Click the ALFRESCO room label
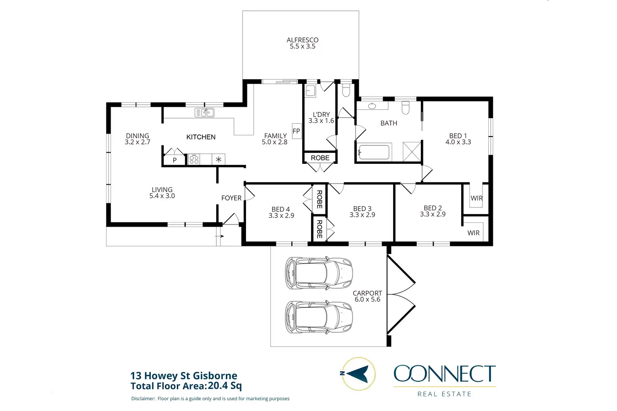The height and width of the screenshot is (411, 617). pyautogui.click(x=303, y=40)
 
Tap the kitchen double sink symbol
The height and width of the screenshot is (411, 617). pyautogui.click(x=205, y=113)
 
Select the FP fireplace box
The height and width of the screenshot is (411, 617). pyautogui.click(x=297, y=131)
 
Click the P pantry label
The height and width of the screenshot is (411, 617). pyautogui.click(x=175, y=160)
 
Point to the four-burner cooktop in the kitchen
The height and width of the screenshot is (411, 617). pyautogui.click(x=194, y=159)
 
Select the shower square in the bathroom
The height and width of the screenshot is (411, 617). pyautogui.click(x=412, y=152)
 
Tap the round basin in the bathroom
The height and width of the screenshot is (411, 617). pyautogui.click(x=372, y=106)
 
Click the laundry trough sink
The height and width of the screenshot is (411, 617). pyautogui.click(x=311, y=91)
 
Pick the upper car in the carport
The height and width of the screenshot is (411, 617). pyautogui.click(x=319, y=273)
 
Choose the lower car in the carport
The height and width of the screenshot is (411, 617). pyautogui.click(x=319, y=317)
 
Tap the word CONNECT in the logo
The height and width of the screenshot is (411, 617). pyautogui.click(x=445, y=374)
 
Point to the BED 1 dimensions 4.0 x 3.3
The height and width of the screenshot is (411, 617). pyautogui.click(x=458, y=142)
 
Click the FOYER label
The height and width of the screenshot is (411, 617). pyautogui.click(x=231, y=198)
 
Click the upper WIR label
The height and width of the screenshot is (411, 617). pyautogui.click(x=477, y=198)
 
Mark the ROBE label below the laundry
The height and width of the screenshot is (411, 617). pyautogui.click(x=320, y=158)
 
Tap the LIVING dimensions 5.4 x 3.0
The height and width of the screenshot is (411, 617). pyautogui.click(x=162, y=196)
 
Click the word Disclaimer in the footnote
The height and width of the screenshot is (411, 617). pyautogui.click(x=143, y=398)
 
